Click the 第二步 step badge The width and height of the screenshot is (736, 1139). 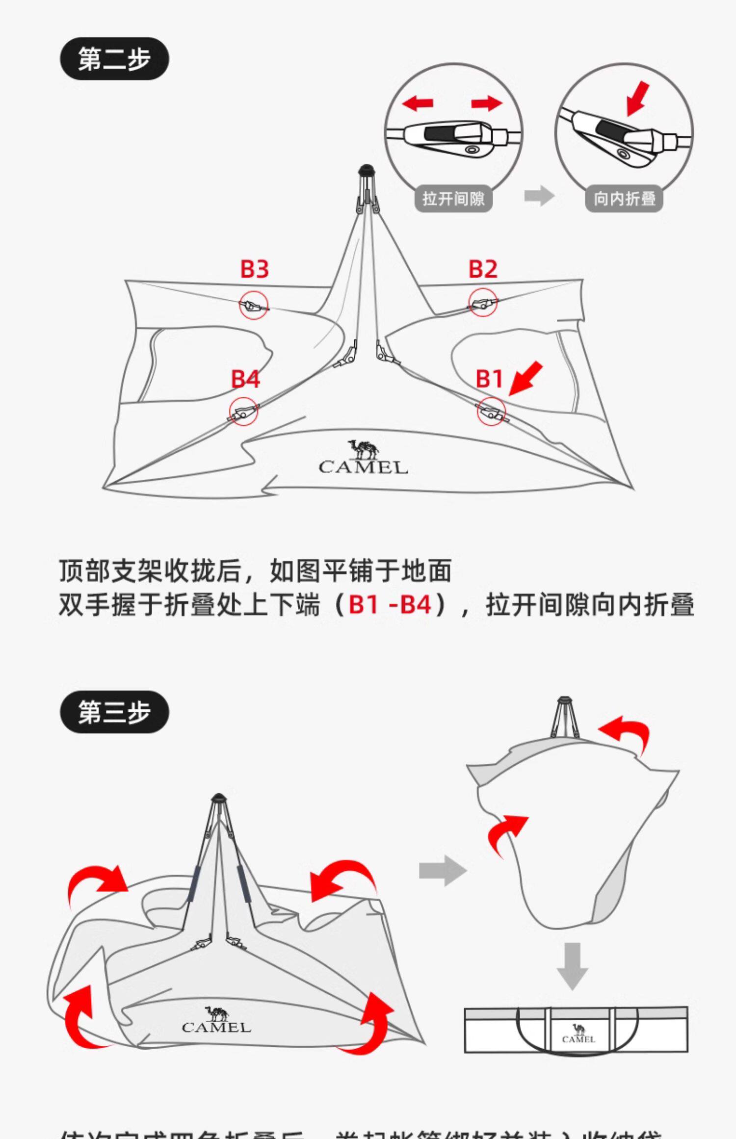(x=114, y=59)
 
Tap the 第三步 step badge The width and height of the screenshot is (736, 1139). (x=114, y=712)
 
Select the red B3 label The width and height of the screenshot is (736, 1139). (x=254, y=269)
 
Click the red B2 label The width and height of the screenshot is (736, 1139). (x=483, y=269)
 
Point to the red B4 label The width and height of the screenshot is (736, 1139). (x=245, y=379)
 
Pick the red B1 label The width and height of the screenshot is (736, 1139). (x=489, y=379)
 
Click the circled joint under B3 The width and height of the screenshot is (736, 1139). (x=254, y=305)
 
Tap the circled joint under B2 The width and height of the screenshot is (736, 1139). (x=483, y=303)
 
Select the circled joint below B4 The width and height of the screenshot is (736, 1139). (x=243, y=412)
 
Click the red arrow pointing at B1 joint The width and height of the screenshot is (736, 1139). (x=526, y=378)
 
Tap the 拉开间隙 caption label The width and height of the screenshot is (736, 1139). (x=453, y=199)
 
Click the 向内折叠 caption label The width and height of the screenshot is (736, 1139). (x=624, y=199)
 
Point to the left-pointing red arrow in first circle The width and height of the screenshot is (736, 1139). (x=417, y=103)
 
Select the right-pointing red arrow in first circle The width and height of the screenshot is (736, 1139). (x=487, y=103)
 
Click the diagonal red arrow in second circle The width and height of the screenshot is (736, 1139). (x=638, y=99)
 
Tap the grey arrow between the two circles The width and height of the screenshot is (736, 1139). (x=539, y=196)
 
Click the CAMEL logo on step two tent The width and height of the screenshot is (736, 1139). (x=363, y=458)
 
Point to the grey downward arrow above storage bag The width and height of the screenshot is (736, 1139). (x=572, y=965)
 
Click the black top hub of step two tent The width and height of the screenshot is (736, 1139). (x=367, y=170)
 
